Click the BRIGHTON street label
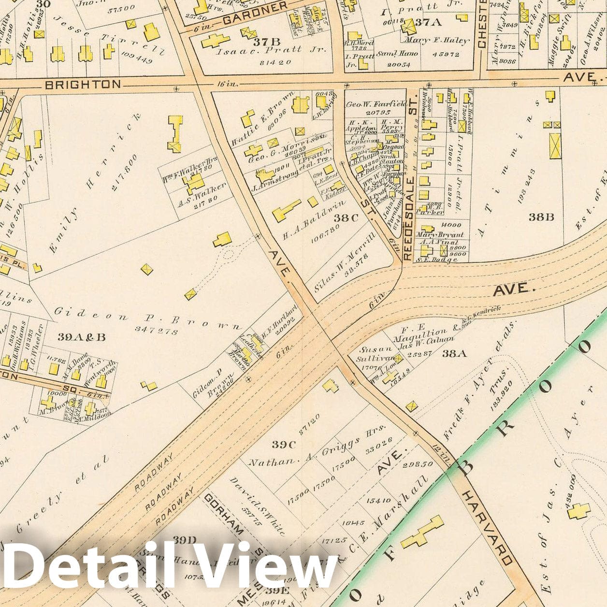(83, 85)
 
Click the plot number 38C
(346, 218)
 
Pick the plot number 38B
(540, 217)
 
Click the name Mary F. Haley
(437, 41)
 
